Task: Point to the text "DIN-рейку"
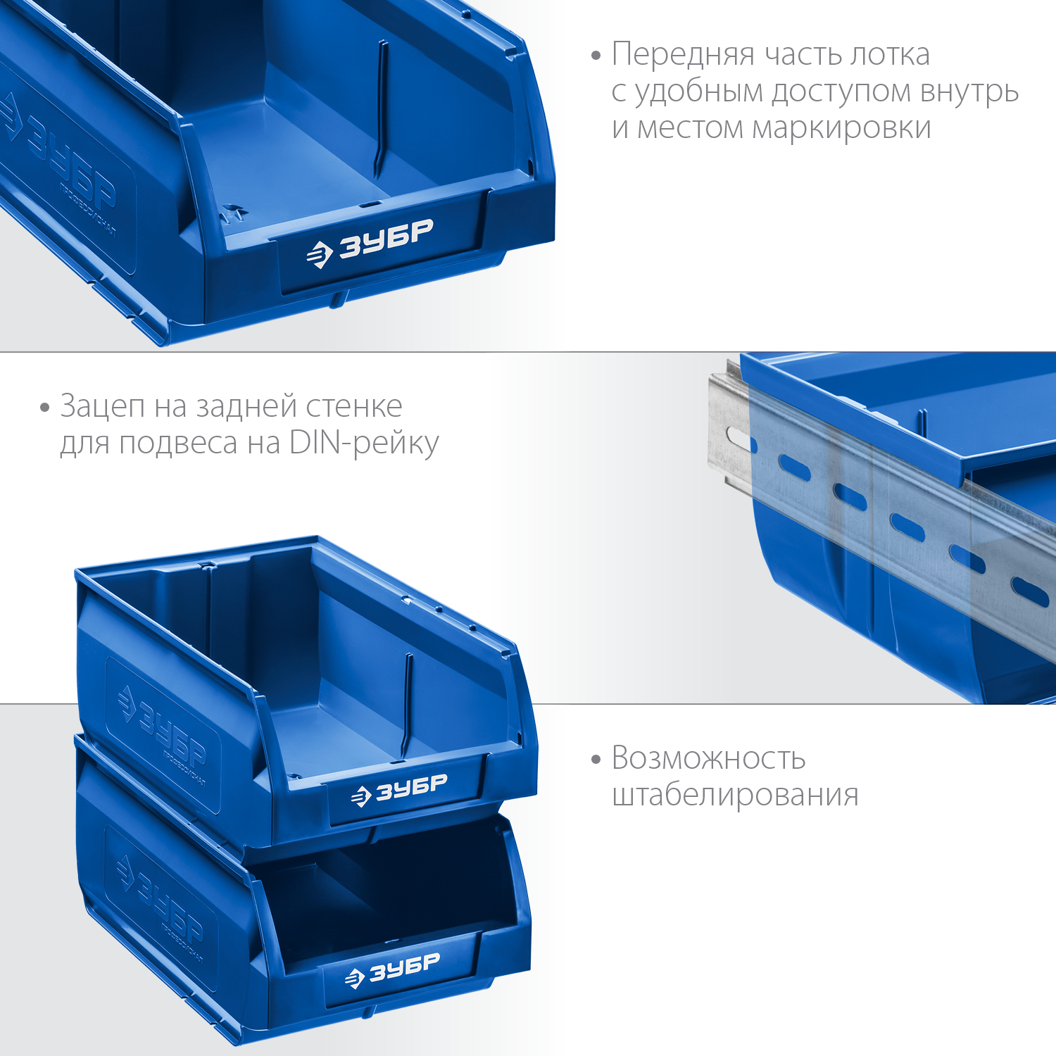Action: [x=364, y=444]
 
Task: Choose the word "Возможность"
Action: [x=708, y=758]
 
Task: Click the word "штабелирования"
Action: [x=735, y=796]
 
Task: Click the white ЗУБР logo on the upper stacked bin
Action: [x=399, y=789]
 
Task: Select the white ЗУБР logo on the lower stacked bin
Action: [x=392, y=969]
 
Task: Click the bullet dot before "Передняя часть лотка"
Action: [x=596, y=55]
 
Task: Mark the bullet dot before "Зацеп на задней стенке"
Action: [x=45, y=408]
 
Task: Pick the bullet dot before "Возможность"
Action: [x=596, y=760]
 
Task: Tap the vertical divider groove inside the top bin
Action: [x=381, y=109]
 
